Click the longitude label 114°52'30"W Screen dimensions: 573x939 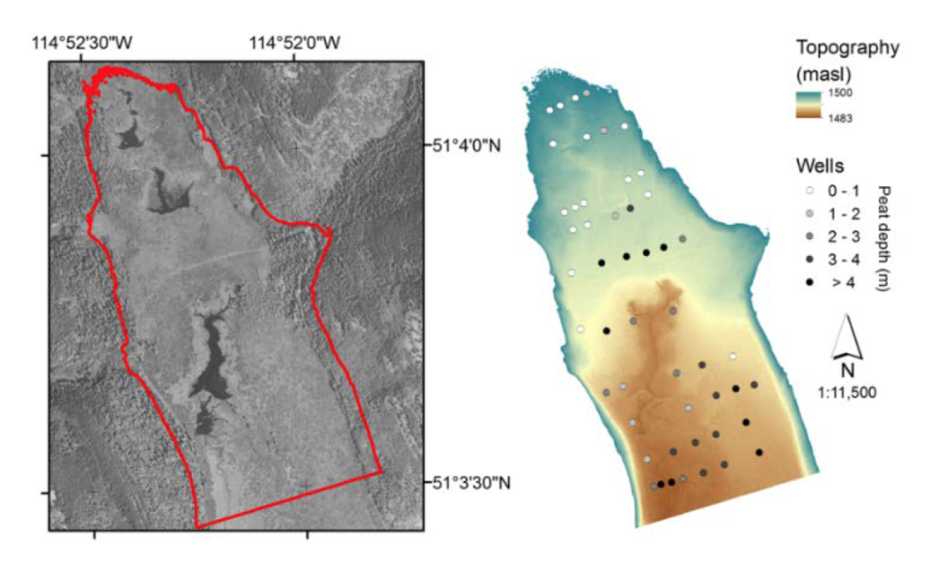click(80, 42)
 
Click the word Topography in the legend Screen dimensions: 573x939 click(848, 48)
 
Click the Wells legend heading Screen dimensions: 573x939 click(819, 166)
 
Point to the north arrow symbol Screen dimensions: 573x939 click(846, 338)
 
